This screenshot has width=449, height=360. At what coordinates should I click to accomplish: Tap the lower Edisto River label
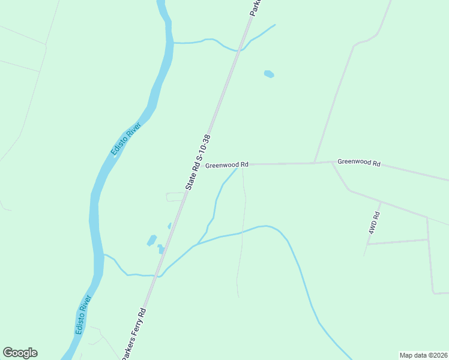coord(83,314)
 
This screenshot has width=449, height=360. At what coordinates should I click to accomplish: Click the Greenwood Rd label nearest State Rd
coord(226,164)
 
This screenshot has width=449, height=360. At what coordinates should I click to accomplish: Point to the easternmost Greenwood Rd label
coord(359,162)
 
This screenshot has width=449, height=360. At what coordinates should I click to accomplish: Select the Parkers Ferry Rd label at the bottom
coord(134,334)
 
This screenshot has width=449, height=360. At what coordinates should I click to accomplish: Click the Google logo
coord(20,353)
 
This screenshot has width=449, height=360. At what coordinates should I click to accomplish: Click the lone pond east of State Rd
coord(269,74)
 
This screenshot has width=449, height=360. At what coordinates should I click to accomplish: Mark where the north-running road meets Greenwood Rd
coord(314,163)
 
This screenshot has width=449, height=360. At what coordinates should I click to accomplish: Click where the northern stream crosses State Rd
coord(238,50)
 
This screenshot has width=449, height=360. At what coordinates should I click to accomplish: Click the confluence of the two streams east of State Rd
coord(197,245)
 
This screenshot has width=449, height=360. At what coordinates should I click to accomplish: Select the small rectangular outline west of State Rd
coord(175,197)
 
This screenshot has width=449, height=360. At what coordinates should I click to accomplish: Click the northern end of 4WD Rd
coord(381,202)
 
